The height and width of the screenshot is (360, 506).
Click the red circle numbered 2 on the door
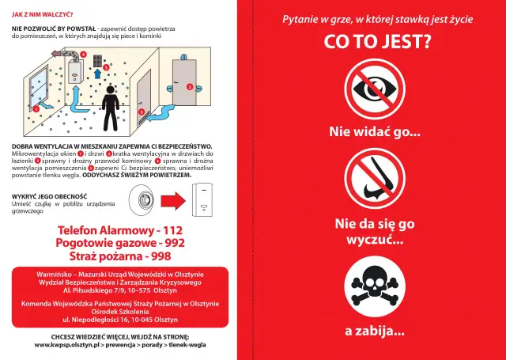pyautogui.click(x=189, y=86)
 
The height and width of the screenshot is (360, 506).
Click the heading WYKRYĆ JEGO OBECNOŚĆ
pyautogui.click(x=50, y=195)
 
